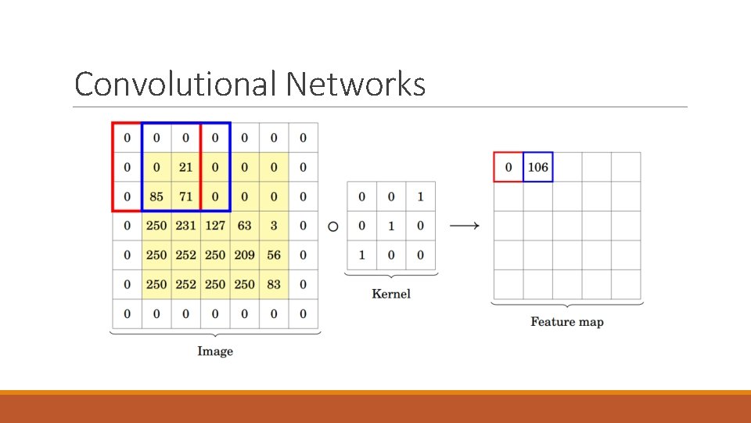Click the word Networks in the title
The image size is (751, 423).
pos(355,84)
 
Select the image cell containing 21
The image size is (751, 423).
pos(185,167)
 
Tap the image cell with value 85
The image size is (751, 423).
pos(156,197)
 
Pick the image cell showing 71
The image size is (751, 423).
pos(185,197)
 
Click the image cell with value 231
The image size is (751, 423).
pos(185,226)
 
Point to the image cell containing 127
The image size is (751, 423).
pos(215,226)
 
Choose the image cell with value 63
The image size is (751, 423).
pos(244,226)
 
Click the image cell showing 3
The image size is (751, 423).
pos(274,226)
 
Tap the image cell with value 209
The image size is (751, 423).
pos(244,255)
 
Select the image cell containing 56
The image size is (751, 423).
pos(274,255)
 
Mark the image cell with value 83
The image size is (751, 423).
pos(274,284)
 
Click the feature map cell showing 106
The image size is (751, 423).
pos(538,167)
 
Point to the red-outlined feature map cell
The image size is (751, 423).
pos(508,167)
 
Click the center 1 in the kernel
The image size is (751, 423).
pos(391,226)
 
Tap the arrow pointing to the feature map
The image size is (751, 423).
pos(465,226)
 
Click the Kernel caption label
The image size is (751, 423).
pos(391,294)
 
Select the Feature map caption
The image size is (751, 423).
pos(567,321)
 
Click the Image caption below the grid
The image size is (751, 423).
pos(215,351)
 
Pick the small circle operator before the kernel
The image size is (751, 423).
pos(333,226)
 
